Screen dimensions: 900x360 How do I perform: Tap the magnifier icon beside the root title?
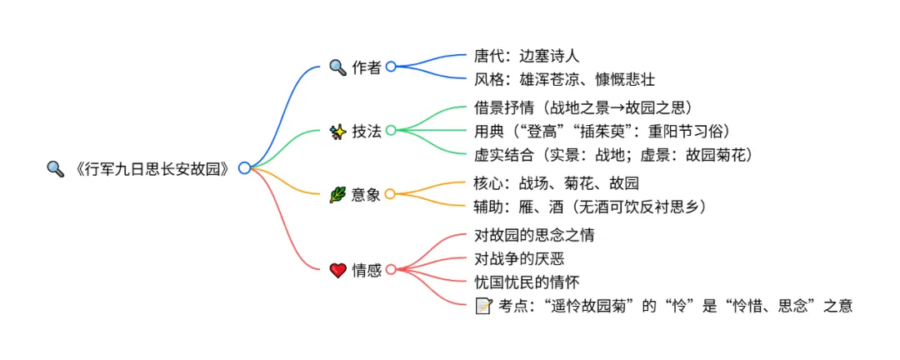[55, 168]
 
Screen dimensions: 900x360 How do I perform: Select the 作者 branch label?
[367, 67]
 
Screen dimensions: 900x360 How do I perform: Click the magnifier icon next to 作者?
[337, 67]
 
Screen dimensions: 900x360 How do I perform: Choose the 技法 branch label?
[367, 131]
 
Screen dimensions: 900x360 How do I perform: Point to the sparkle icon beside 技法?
[337, 131]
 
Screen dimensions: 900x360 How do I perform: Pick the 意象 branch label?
[367, 194]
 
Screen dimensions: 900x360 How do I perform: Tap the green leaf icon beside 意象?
[337, 194]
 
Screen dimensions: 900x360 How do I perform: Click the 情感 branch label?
[367, 270]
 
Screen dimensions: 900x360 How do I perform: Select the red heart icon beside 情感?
[337, 270]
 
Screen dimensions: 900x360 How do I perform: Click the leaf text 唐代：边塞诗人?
[527, 56]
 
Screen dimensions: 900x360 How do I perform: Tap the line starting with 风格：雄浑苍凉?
[565, 80]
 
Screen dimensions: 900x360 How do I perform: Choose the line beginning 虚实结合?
[613, 155]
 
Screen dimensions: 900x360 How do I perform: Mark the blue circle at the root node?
[244, 168]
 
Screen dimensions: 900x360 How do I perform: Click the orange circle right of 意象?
[391, 194]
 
